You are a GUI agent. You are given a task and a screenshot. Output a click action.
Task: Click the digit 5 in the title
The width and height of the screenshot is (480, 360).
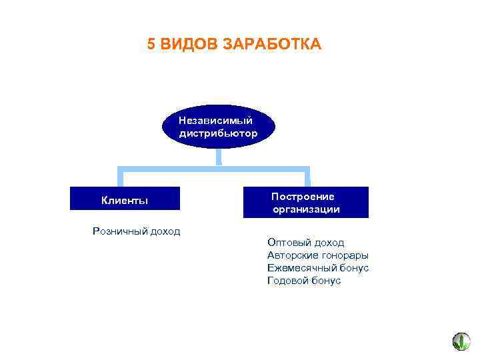151,45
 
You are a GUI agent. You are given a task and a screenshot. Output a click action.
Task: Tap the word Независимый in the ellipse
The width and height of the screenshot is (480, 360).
215,121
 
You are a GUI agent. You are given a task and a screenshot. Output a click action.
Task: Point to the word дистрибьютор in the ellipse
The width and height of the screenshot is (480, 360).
218,133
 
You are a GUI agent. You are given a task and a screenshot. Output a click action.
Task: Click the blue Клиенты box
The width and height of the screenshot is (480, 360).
125,200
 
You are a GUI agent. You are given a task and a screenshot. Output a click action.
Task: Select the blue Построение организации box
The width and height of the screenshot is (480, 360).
305,202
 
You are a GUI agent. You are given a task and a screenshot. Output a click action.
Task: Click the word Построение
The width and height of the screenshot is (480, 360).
303,197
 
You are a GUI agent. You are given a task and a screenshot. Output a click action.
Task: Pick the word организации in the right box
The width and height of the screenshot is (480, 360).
306,209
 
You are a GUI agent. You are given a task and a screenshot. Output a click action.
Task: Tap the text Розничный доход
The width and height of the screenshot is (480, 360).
137,231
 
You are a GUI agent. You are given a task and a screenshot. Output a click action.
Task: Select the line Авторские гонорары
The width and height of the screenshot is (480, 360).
317,255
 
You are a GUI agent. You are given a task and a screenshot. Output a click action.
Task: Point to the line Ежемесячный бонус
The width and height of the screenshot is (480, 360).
317,268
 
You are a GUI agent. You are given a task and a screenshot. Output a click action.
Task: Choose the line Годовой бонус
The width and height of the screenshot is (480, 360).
303,281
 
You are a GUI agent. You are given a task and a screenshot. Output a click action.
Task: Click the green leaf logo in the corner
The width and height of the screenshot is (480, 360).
461,341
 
